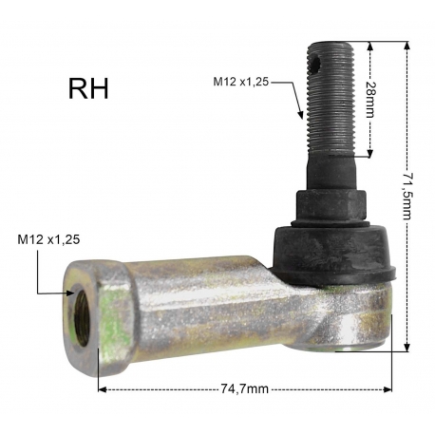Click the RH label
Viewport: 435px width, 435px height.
88,89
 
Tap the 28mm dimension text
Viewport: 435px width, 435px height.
369,100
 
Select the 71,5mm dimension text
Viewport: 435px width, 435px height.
407,197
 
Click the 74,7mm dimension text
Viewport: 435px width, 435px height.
244,388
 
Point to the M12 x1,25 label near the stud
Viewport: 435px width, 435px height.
240,82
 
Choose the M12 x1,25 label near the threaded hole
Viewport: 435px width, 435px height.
48,239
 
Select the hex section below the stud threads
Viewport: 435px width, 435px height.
331,205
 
